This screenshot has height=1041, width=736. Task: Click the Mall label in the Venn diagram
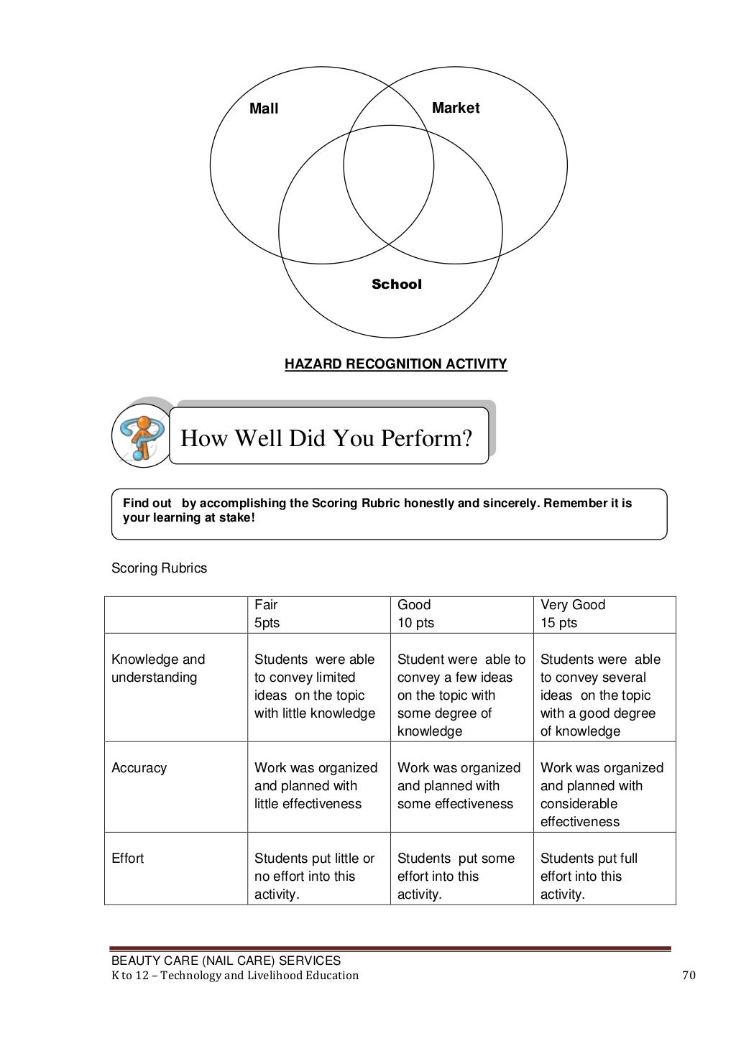[264, 109]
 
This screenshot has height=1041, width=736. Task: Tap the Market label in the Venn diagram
[455, 108]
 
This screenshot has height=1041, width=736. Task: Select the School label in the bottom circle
[396, 284]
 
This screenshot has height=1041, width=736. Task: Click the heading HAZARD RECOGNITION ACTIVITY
[396, 364]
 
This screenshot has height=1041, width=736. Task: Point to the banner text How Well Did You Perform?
[326, 438]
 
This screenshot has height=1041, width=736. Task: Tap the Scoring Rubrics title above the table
[159, 568]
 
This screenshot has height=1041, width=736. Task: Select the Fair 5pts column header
[267, 614]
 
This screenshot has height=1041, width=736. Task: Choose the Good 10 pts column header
[416, 614]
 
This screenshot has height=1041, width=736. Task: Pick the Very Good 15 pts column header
[573, 614]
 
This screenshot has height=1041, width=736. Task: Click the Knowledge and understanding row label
[158, 668]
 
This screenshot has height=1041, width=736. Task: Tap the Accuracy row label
[139, 768]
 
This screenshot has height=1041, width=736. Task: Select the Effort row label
[127, 859]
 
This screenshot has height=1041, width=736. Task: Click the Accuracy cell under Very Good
[602, 795]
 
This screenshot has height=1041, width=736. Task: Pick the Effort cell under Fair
[314, 876]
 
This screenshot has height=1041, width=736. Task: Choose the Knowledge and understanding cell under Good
[461, 695]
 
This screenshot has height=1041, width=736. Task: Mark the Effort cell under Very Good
[589, 876]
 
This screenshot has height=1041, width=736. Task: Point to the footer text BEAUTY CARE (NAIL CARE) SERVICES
[226, 961]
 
